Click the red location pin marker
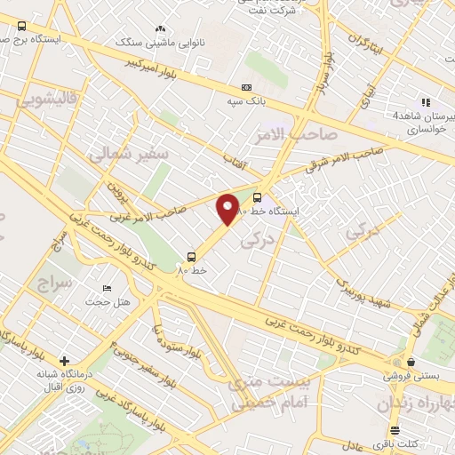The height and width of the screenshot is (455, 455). tap(228, 209)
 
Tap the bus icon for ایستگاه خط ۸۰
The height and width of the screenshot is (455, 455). tap(258, 197)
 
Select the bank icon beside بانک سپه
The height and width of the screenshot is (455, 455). tap(246, 87)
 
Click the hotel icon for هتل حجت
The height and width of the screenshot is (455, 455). tap(108, 289)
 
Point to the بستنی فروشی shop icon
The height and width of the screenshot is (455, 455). tap(411, 362)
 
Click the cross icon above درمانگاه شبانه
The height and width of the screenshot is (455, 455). tap(64, 361)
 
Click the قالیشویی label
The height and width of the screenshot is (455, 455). tap(48, 100)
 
